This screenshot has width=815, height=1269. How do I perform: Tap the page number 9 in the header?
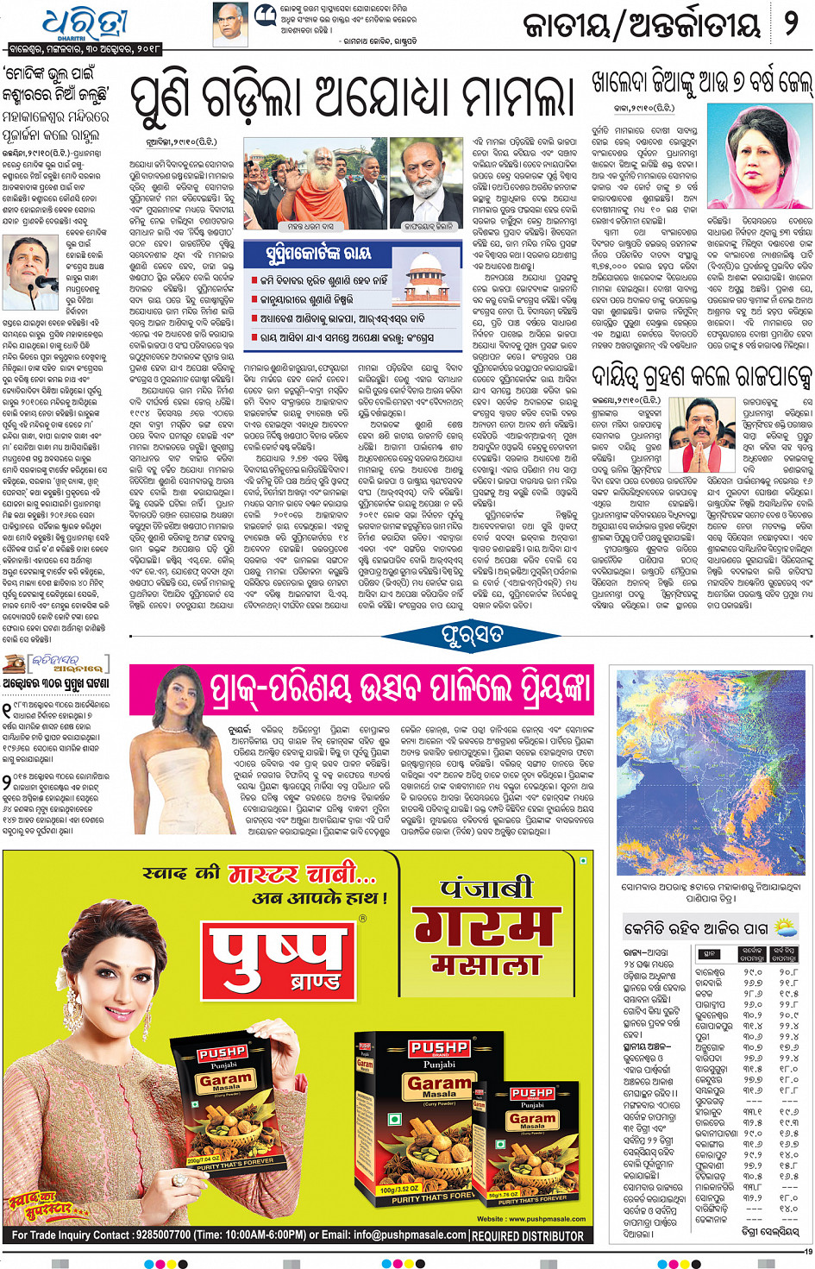point(790,23)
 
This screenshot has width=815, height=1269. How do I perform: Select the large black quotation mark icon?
point(265,14)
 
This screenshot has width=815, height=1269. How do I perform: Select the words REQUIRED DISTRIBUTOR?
point(528,1236)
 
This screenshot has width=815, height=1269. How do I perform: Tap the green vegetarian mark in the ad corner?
point(584,860)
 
